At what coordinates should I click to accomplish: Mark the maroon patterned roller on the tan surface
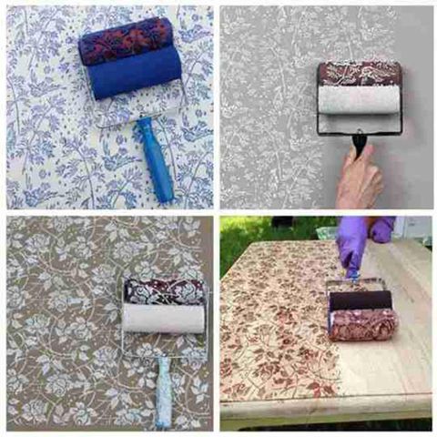[x=164, y=291]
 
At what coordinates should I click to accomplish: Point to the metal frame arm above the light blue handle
[x=160, y=346]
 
